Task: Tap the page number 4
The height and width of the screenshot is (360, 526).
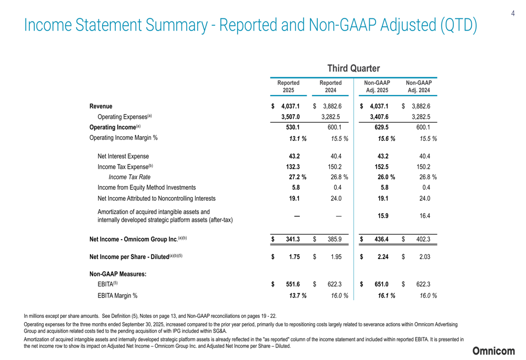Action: (x=512, y=14)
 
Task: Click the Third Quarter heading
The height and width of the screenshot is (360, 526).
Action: (x=353, y=69)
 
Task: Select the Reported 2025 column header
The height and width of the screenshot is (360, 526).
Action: (x=288, y=87)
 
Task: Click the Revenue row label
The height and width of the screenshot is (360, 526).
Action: (x=100, y=107)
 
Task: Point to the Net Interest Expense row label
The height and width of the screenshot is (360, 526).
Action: (x=123, y=156)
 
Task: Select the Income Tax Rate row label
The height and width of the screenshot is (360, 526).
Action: (x=126, y=177)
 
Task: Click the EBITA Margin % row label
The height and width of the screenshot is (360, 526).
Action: (x=117, y=295)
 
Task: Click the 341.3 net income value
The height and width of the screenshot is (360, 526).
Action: (x=293, y=240)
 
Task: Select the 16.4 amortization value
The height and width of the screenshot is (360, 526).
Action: (x=423, y=215)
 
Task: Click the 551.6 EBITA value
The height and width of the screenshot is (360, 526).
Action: (x=293, y=284)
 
